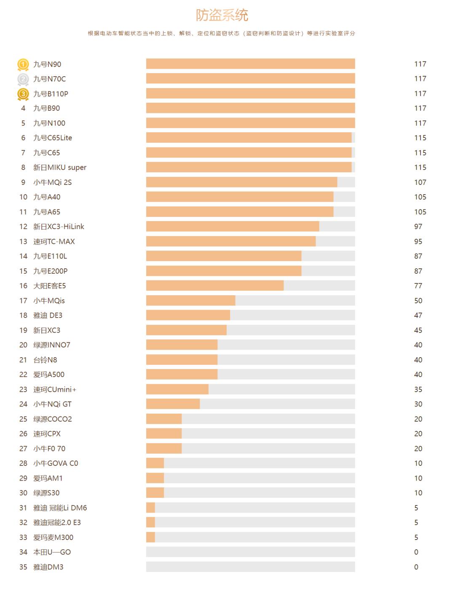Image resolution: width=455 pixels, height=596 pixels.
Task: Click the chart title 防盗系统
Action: [222, 15]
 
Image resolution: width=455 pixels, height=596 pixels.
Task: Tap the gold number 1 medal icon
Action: [23, 64]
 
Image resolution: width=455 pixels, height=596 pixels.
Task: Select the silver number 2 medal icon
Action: [23, 79]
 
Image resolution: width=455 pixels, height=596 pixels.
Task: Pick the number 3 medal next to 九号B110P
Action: [23, 94]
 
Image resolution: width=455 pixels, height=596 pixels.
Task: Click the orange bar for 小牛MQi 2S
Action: [241, 182]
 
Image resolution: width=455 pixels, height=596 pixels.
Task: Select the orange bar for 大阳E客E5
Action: [215, 286]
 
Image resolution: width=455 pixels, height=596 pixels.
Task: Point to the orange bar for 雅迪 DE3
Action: [188, 315]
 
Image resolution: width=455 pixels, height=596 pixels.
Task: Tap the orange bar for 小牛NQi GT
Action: [173, 404]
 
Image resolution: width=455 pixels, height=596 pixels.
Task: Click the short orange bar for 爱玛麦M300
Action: [150, 537]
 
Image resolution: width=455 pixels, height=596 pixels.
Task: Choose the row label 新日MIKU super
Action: [60, 167]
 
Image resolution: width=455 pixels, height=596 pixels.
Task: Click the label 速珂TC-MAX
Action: [54, 241]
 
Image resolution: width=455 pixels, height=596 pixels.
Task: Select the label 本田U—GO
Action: [52, 552]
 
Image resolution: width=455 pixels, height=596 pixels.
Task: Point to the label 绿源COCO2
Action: [53, 419]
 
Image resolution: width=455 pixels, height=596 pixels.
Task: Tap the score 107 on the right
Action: [420, 182]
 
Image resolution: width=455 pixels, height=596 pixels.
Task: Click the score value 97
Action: [418, 227]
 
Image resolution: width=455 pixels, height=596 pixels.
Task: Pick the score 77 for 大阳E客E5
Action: [418, 286]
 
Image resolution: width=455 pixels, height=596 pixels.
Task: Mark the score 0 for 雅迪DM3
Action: [416, 567]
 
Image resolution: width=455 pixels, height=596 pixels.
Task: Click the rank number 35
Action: [23, 567]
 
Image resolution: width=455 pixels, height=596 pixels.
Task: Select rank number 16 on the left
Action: [23, 286]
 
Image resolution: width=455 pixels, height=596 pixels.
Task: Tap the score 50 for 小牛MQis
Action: [418, 301]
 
